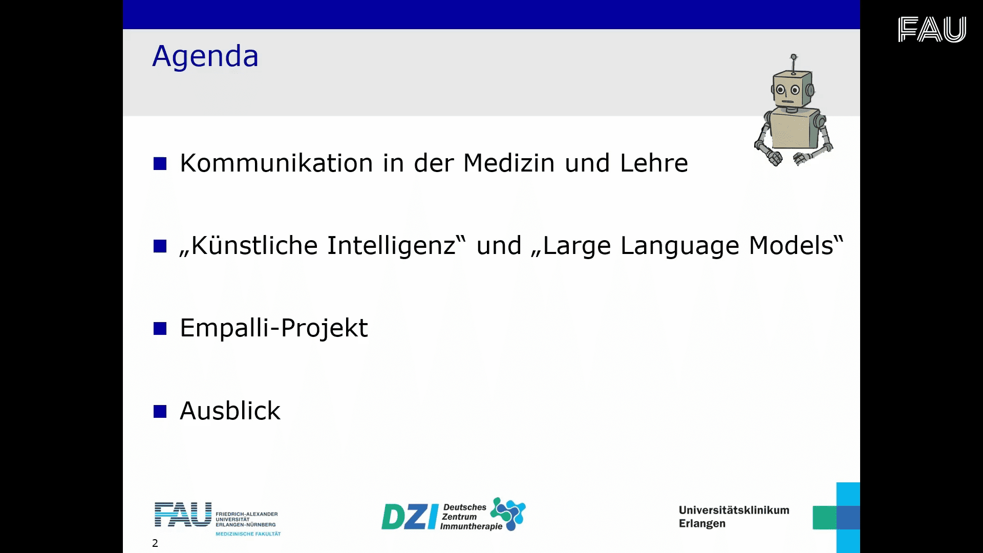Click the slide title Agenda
tap(205, 56)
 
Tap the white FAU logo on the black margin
tap(932, 29)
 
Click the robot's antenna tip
tap(794, 56)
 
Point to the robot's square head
tap(793, 90)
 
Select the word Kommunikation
tap(276, 163)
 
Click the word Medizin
tap(509, 163)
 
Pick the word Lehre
tap(654, 163)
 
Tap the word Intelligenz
tap(391, 246)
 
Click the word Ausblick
tap(230, 411)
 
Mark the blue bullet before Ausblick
tap(160, 411)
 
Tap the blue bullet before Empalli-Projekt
tap(160, 328)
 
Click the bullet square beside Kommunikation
tap(160, 164)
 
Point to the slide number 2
tap(155, 543)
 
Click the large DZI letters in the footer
tap(410, 517)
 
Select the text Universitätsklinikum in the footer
tap(734, 510)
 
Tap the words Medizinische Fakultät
tap(248, 534)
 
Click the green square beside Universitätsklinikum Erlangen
tap(824, 518)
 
